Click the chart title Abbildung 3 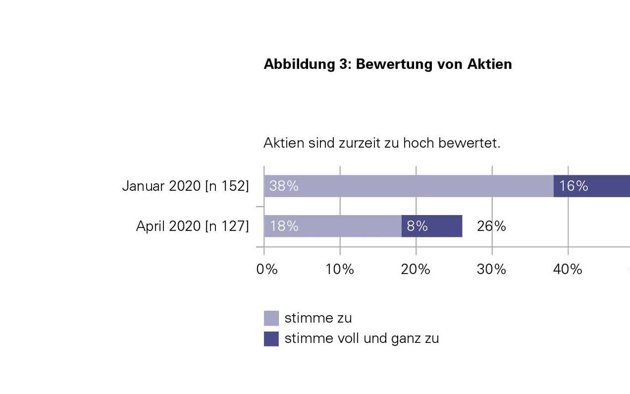pyautogui.click(x=388, y=64)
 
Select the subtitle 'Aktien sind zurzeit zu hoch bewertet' pyautogui.click(x=382, y=143)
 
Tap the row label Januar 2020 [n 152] pyautogui.click(x=185, y=186)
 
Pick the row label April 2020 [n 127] pyautogui.click(x=192, y=226)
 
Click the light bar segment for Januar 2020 pyautogui.click(x=409, y=186)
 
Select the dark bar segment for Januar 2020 pyautogui.click(x=592, y=186)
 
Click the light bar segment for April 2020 pyautogui.click(x=332, y=226)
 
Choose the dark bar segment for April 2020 pyautogui.click(x=432, y=226)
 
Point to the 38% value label pyautogui.click(x=283, y=186)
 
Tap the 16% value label pyautogui.click(x=573, y=186)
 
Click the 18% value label pyautogui.click(x=283, y=226)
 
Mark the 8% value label pyautogui.click(x=417, y=226)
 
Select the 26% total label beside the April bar pyautogui.click(x=491, y=226)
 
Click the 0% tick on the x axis pyautogui.click(x=267, y=269)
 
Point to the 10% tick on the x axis pyautogui.click(x=340, y=269)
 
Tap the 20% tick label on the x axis pyautogui.click(x=416, y=269)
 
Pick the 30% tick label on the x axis pyautogui.click(x=492, y=269)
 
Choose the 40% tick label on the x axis pyautogui.click(x=567, y=269)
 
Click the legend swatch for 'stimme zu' pyautogui.click(x=271, y=318)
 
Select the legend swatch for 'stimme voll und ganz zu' pyautogui.click(x=271, y=339)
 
